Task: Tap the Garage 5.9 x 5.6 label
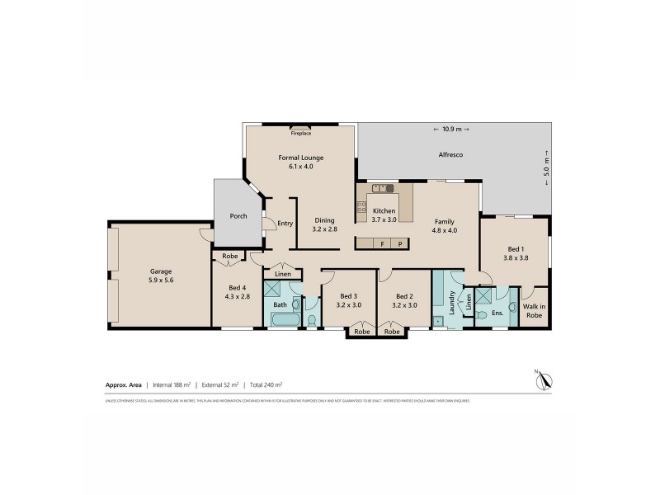tap(161, 276)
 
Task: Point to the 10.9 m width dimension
tap(450, 130)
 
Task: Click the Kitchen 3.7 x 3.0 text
tap(384, 215)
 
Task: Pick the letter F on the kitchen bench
tap(383, 244)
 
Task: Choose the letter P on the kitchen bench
tap(400, 244)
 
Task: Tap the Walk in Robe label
tap(535, 310)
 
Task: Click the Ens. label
tap(497, 313)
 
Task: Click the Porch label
tap(238, 217)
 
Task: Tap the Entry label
tap(285, 223)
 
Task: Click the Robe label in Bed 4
tap(230, 257)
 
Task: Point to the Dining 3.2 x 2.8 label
tap(326, 224)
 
